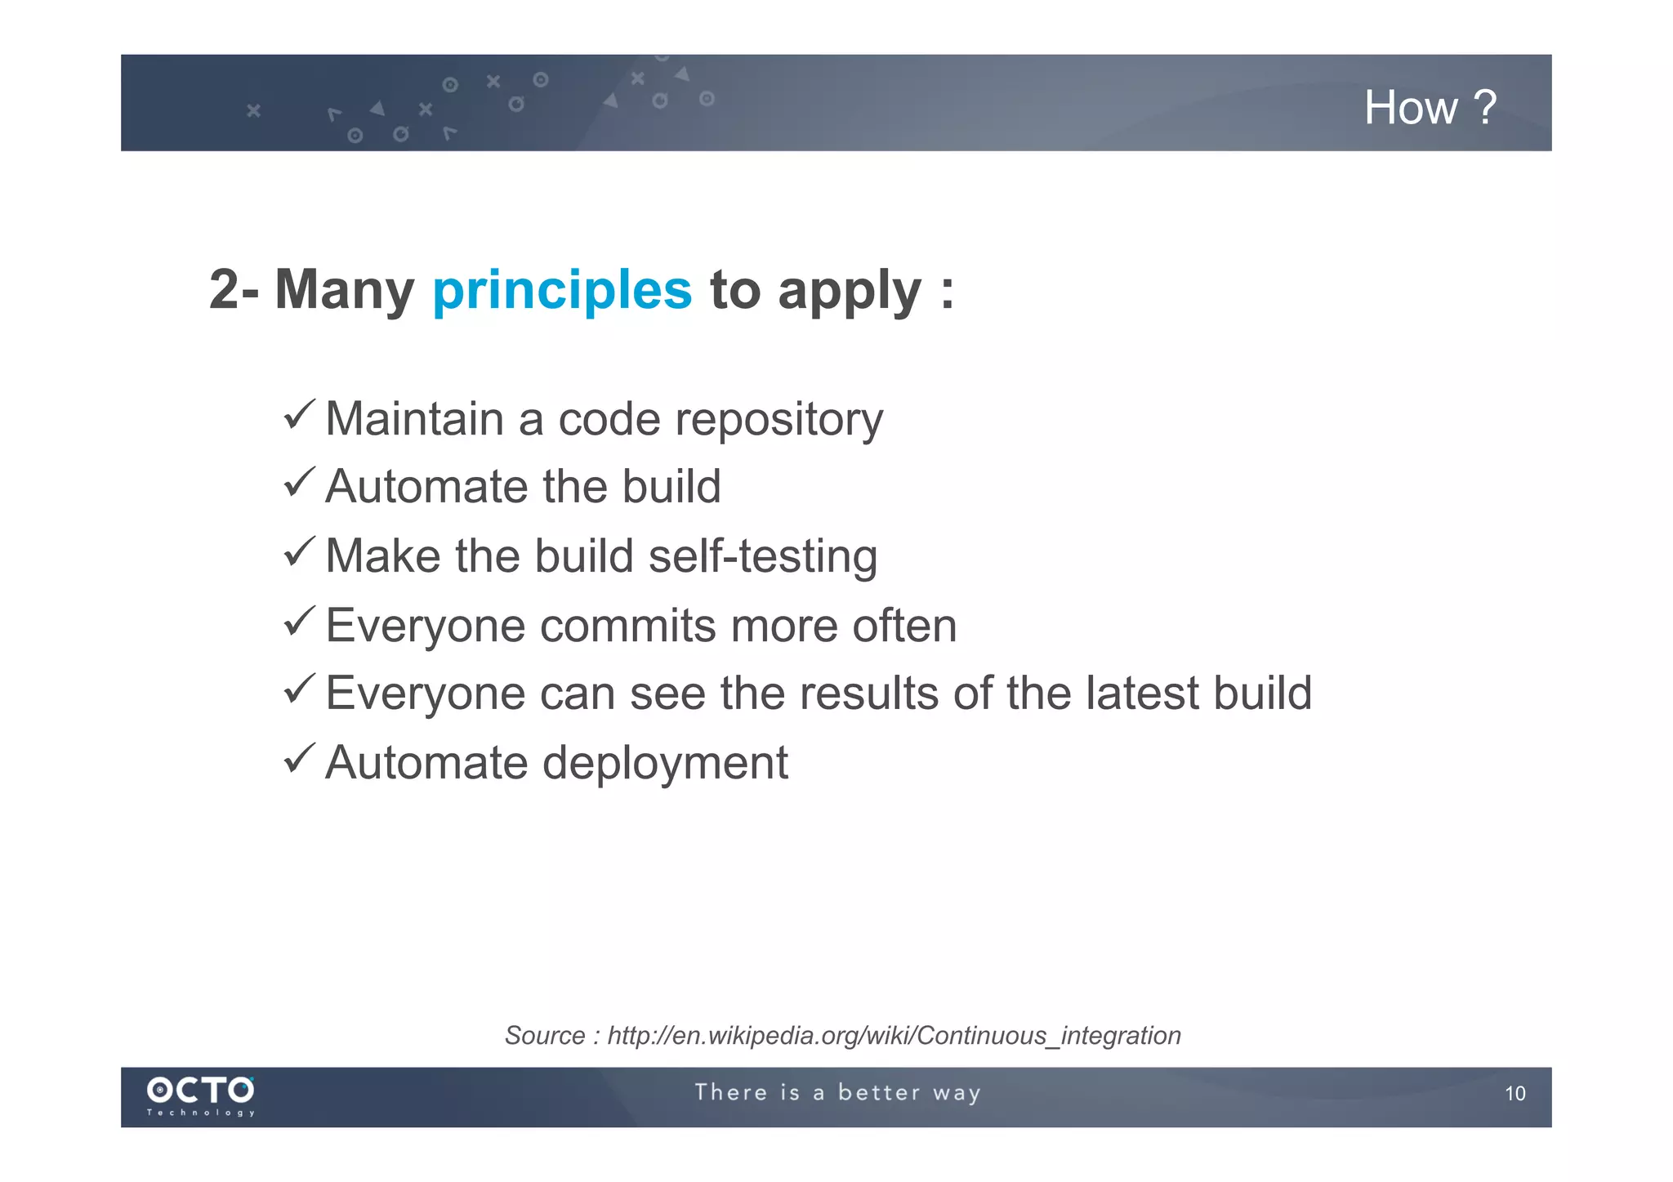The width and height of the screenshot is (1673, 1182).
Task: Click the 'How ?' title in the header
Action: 1430,108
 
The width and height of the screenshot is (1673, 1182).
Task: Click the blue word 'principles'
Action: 562,290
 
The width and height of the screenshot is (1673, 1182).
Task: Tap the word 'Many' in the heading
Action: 344,290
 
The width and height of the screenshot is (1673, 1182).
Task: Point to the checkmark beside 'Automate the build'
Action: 299,483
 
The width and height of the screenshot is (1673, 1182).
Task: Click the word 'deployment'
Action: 665,764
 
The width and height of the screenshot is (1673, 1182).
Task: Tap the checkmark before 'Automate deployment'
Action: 299,759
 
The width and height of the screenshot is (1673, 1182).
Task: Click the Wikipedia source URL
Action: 894,1036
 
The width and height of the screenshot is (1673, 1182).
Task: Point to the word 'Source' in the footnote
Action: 545,1036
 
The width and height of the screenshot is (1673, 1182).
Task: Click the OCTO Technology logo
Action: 201,1095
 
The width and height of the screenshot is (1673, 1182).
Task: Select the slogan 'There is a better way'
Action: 837,1093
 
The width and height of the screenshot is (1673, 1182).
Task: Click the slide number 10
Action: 1515,1094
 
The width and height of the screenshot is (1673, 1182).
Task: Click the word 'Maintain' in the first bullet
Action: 414,420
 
